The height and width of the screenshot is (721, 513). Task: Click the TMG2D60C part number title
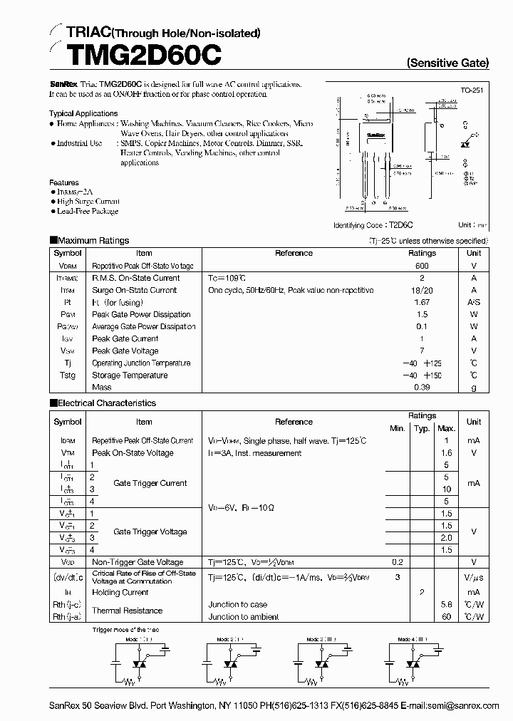click(x=135, y=54)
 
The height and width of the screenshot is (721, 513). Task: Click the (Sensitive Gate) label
click(x=447, y=63)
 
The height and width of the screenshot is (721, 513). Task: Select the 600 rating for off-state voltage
click(x=422, y=266)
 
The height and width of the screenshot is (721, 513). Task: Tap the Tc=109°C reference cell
click(x=227, y=278)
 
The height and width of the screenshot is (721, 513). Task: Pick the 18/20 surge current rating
click(x=422, y=290)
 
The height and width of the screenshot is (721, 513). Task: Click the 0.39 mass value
click(x=422, y=387)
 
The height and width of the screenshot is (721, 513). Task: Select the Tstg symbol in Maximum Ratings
click(x=67, y=375)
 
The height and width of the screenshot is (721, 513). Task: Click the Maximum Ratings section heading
click(x=93, y=241)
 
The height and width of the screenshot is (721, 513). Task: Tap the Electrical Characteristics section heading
click(x=106, y=403)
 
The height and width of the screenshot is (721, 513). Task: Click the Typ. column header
click(x=422, y=428)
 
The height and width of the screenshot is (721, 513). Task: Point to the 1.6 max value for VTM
click(x=446, y=452)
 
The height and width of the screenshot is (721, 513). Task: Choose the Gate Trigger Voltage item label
click(x=150, y=531)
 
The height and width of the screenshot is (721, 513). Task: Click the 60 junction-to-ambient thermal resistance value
click(x=446, y=616)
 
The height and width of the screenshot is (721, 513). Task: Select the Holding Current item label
click(x=120, y=592)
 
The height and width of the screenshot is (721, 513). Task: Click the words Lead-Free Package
click(x=87, y=211)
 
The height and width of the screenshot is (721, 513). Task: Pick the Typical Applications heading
click(x=83, y=113)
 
